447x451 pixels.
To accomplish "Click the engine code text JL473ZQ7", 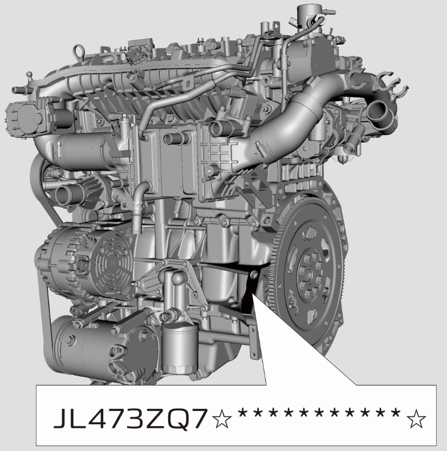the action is pos(131,419).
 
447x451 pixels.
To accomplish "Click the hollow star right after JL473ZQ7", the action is pos(221,419).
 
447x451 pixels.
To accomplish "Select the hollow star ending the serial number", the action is pos(416,419).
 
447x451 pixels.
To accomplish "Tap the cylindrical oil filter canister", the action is pos(180,347).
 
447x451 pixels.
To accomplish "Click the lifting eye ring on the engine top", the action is pos(78,51).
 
